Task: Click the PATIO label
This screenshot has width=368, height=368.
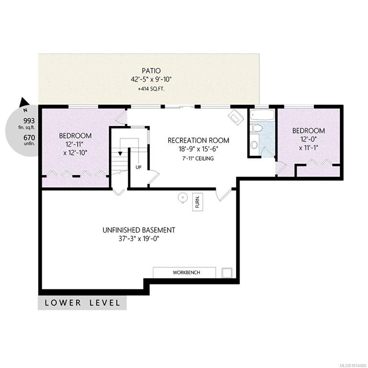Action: tap(151, 70)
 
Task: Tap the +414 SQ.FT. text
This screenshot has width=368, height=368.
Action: tap(151, 89)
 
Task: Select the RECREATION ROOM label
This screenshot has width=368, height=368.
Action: tap(198, 140)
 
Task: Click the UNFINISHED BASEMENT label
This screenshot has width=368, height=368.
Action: tap(138, 230)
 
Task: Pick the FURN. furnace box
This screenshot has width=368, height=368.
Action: tap(197, 202)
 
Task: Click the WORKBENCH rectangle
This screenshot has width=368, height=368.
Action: tap(184, 273)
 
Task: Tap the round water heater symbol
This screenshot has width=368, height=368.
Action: tap(183, 197)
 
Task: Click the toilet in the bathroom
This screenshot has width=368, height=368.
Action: tap(256, 128)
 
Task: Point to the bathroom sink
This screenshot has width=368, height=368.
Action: tap(254, 145)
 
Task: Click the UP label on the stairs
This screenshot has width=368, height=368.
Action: tap(138, 167)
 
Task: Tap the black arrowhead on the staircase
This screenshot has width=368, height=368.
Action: tap(120, 154)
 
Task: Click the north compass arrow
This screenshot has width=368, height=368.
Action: tap(23, 103)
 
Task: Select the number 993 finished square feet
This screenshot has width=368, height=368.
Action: tap(29, 121)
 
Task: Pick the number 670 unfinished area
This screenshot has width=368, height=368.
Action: tap(29, 138)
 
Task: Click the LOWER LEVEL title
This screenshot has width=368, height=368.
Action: tap(82, 303)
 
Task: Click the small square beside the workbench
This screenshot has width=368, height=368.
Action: tap(227, 273)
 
